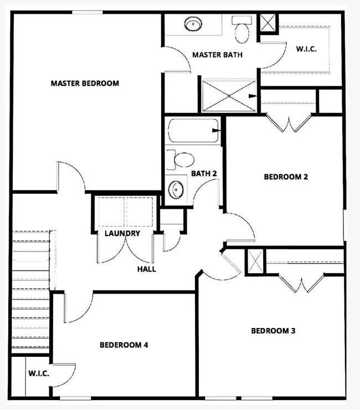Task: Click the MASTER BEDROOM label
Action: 85,84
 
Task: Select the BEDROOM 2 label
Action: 286,177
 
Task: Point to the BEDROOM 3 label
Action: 273,331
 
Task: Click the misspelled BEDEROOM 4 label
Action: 124,345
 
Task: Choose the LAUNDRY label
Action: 122,233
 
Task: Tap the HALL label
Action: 147,269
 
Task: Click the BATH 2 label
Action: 204,173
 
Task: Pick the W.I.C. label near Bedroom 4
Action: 39,373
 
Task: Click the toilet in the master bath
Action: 241,30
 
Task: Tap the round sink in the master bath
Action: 193,25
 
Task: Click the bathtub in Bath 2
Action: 193,131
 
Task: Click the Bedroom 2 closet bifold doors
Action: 288,123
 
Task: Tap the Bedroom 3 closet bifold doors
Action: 301,283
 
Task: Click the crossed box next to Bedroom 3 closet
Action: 255,261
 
